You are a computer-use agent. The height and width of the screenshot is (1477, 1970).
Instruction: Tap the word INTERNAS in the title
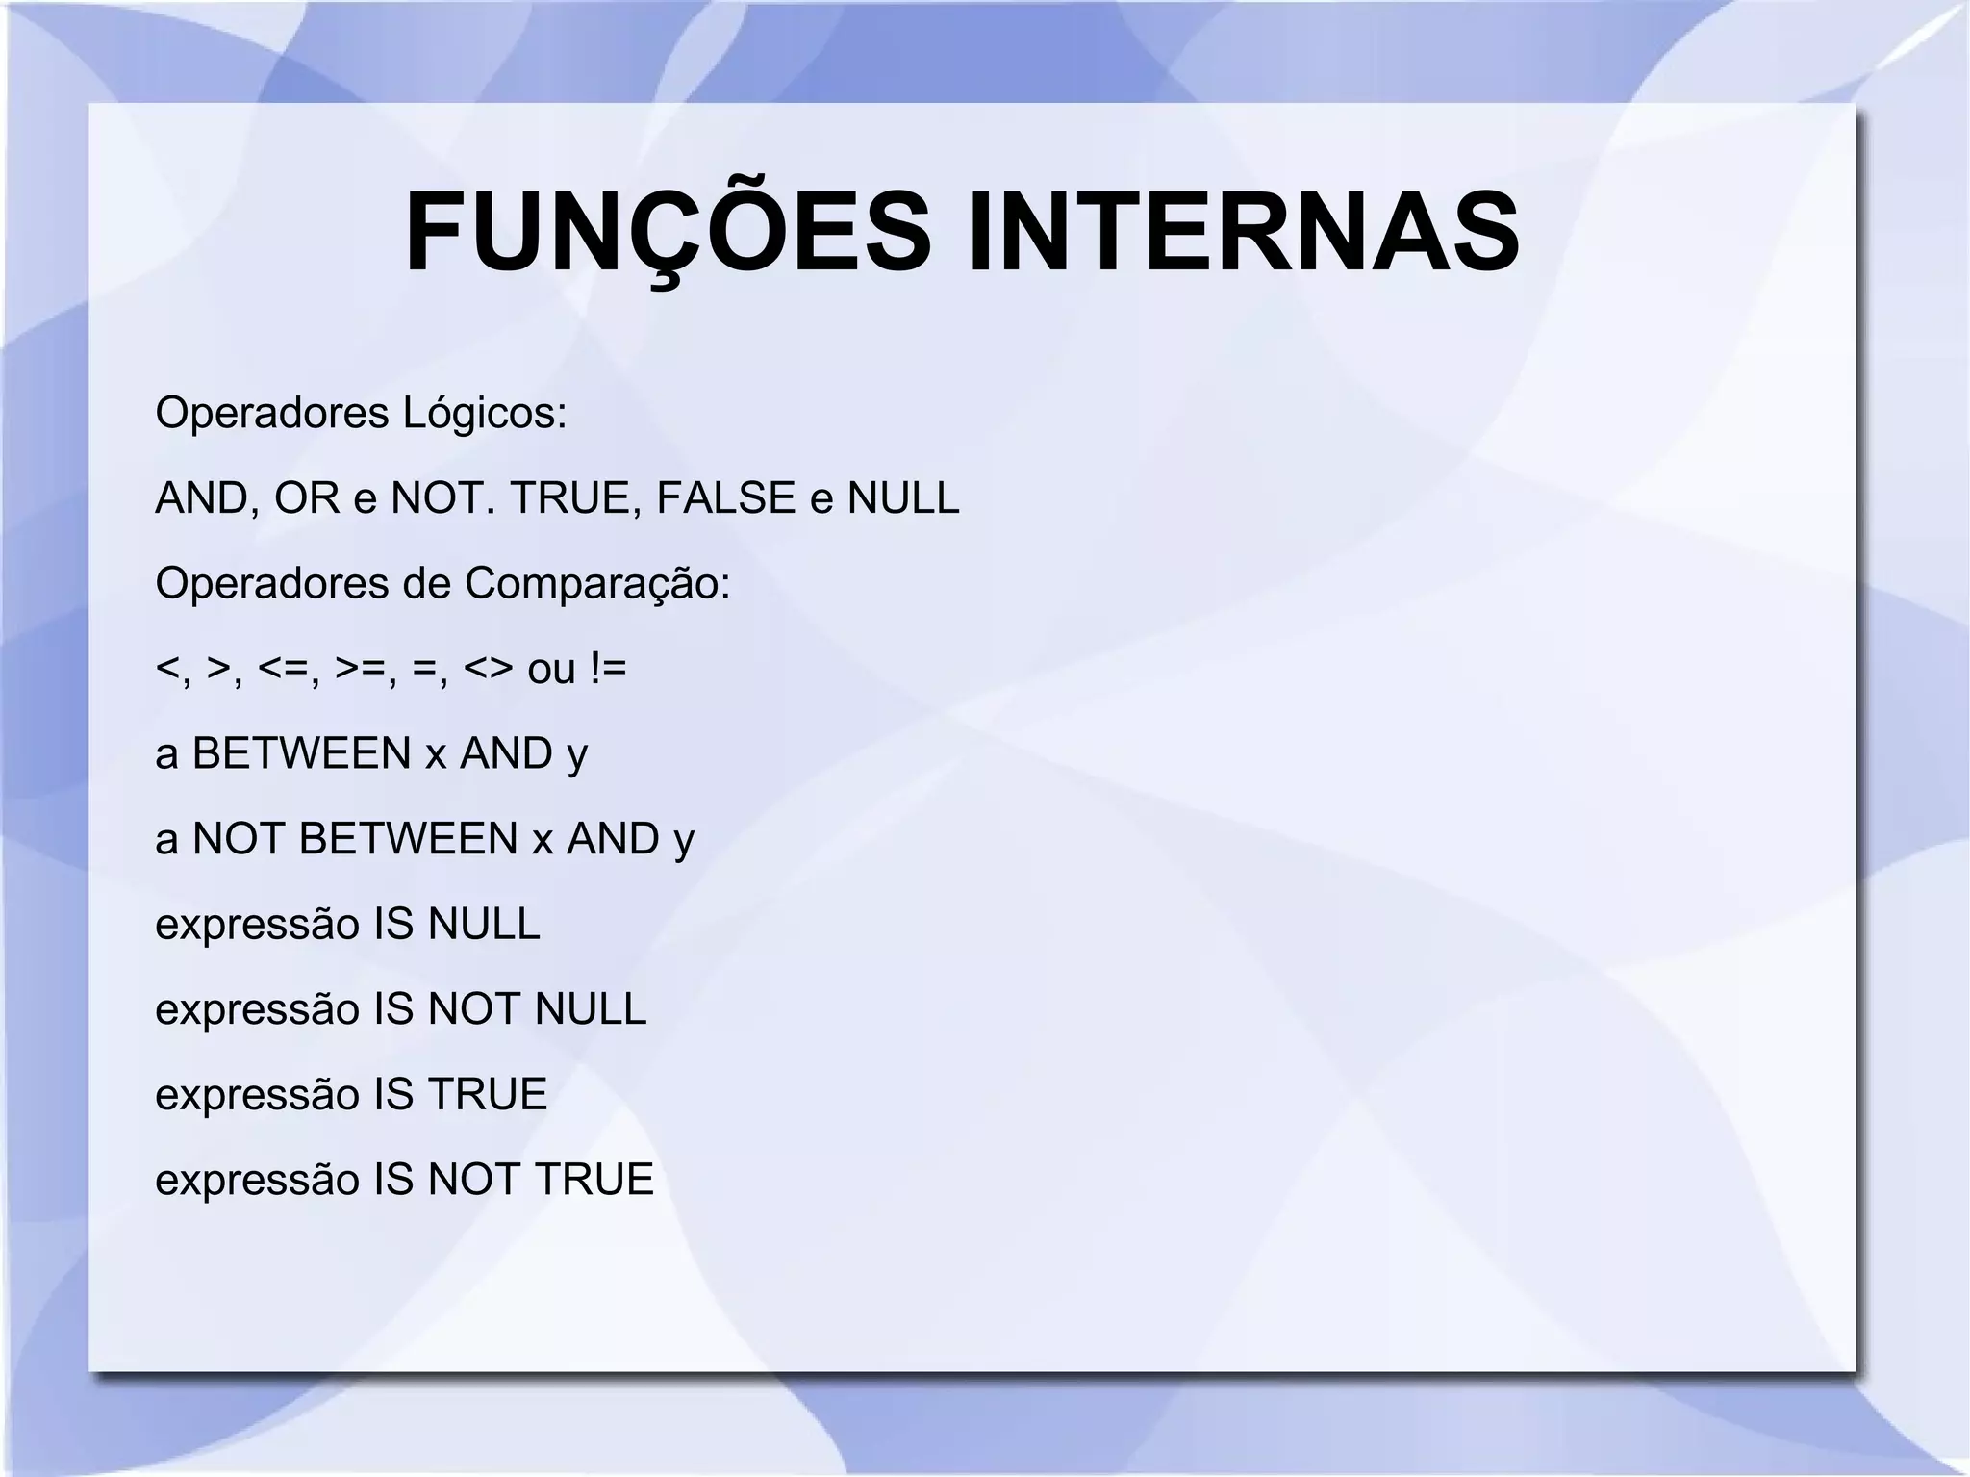pyautogui.click(x=1244, y=234)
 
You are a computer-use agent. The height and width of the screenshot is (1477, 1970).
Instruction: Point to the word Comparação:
pyautogui.click(x=597, y=584)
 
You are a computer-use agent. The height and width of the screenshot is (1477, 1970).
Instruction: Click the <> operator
pyautogui.click(x=489, y=669)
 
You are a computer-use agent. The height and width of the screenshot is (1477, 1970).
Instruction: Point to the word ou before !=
pyautogui.click(x=551, y=669)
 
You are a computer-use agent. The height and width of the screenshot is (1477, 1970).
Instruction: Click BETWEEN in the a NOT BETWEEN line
pyautogui.click(x=409, y=839)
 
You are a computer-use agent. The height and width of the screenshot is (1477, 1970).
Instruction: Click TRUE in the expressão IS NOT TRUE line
pyautogui.click(x=594, y=1180)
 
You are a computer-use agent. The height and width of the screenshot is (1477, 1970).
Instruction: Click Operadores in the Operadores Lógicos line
pyautogui.click(x=271, y=414)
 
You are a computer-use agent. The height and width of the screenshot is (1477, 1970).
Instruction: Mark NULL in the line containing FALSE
pyautogui.click(x=903, y=498)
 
